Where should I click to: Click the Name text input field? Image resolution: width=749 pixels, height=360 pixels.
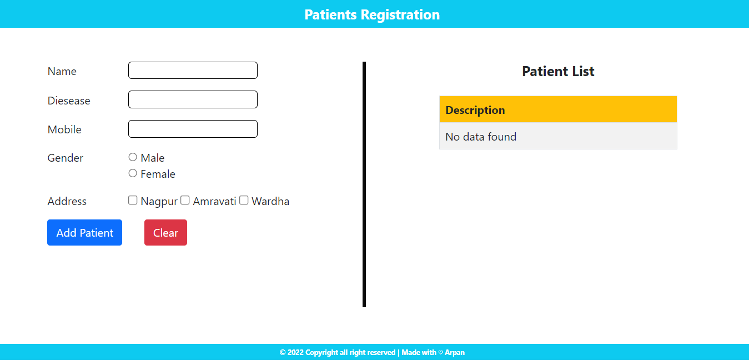(193, 70)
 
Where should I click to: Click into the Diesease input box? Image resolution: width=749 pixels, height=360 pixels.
(193, 99)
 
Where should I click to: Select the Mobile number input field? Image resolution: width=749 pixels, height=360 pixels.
(193, 129)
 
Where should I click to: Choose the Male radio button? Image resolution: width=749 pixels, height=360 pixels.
(133, 157)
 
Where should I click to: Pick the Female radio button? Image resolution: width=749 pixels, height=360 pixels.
(133, 173)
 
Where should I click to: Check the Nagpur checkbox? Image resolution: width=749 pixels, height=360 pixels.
(133, 200)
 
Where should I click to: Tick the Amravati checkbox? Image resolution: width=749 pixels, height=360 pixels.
(185, 200)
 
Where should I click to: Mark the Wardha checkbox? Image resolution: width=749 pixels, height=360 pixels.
(244, 200)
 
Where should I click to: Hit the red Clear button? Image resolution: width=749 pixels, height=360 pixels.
(165, 233)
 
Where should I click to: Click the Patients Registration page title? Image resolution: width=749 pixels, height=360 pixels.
(372, 14)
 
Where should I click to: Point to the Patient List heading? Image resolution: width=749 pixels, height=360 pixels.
(558, 71)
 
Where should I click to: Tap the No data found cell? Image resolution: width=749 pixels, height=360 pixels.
(558, 136)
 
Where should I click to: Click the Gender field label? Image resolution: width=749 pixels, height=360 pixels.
(65, 158)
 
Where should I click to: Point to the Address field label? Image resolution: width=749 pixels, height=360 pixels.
(67, 201)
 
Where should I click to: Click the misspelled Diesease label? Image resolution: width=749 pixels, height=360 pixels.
(69, 101)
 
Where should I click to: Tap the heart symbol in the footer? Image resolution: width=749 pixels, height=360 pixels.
(440, 353)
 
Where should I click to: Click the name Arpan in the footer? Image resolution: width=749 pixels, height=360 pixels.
(454, 352)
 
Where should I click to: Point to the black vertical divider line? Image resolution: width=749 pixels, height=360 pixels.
(364, 184)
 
